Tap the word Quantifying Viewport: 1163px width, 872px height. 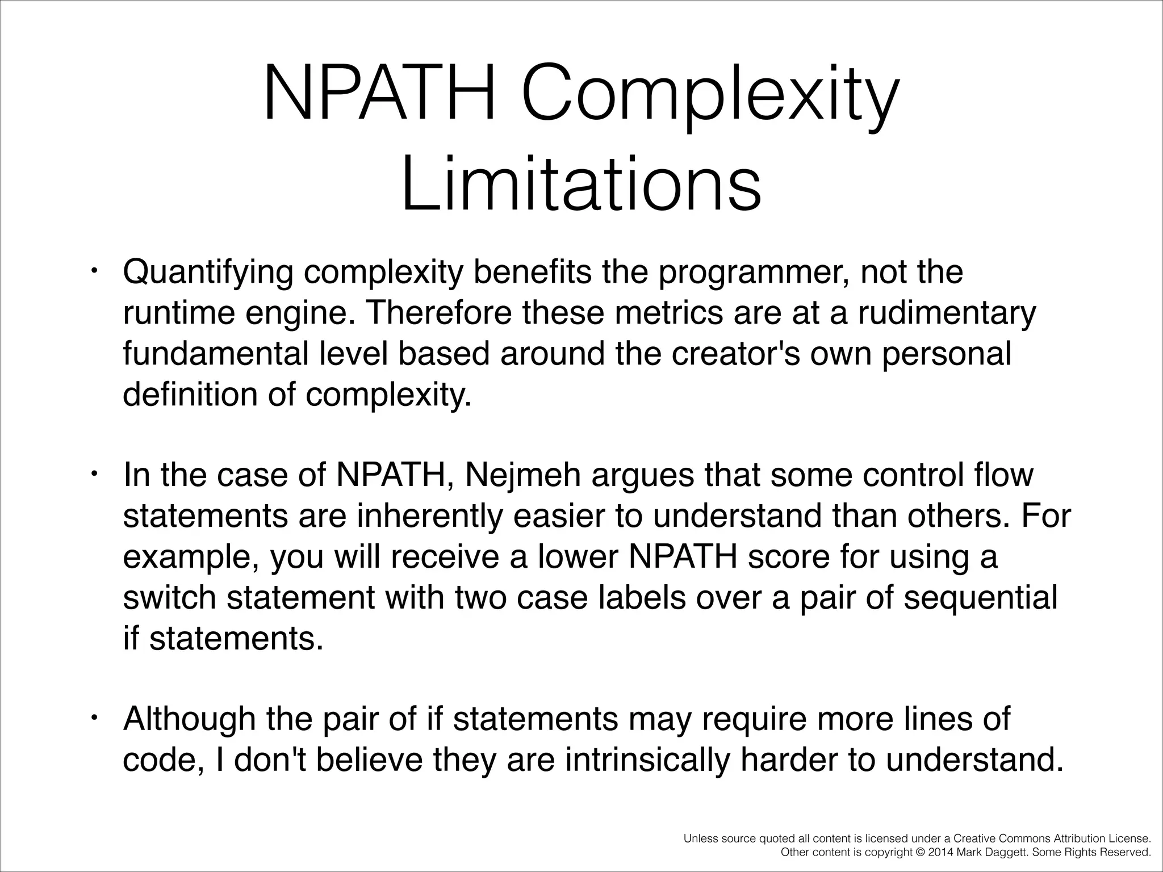point(208,273)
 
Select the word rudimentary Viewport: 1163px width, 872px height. point(947,313)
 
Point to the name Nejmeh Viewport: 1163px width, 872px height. point(522,475)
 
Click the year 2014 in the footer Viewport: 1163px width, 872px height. point(938,852)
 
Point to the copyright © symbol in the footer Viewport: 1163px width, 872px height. point(919,852)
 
